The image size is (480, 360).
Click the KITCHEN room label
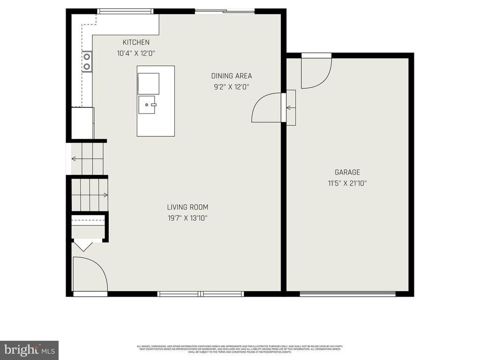[136, 42]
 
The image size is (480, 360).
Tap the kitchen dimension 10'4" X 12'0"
[136, 53]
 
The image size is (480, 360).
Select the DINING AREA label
[232, 76]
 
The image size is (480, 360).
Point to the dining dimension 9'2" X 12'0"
[232, 87]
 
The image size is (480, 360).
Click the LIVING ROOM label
[187, 207]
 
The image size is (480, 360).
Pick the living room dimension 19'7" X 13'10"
[187, 218]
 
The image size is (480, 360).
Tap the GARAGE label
[347, 172]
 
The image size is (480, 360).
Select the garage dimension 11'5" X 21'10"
[347, 183]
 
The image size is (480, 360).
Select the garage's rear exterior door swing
[315, 72]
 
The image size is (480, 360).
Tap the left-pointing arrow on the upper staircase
[74, 159]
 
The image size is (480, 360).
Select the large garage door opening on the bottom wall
[347, 294]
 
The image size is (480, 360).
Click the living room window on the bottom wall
[201, 294]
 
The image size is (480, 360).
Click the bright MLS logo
[29, 350]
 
